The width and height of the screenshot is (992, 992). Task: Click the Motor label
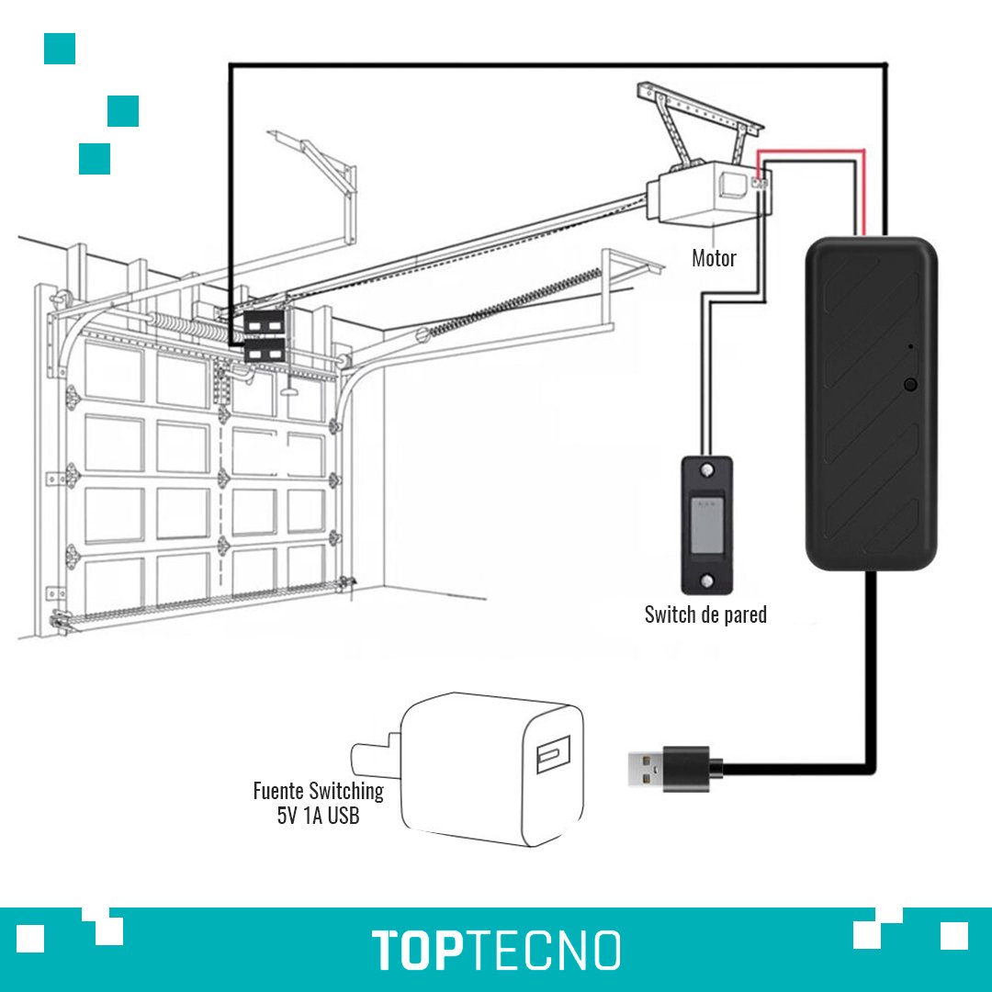[714, 257]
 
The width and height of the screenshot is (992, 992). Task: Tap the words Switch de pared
[705, 614]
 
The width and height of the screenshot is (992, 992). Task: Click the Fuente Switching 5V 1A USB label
[318, 803]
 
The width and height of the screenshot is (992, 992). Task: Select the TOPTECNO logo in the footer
[496, 949]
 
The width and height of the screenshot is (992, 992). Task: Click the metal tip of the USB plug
[646, 769]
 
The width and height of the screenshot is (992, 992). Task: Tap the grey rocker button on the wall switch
[707, 524]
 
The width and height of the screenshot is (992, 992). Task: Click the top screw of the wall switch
[706, 470]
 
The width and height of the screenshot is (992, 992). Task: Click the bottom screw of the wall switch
[706, 581]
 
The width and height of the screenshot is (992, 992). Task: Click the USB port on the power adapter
[553, 754]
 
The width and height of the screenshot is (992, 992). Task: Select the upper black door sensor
[264, 323]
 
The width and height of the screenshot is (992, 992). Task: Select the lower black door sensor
[264, 351]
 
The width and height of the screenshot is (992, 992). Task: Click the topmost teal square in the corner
[60, 49]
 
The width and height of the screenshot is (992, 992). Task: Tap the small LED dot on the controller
[909, 346]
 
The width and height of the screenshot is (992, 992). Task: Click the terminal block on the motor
[760, 184]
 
